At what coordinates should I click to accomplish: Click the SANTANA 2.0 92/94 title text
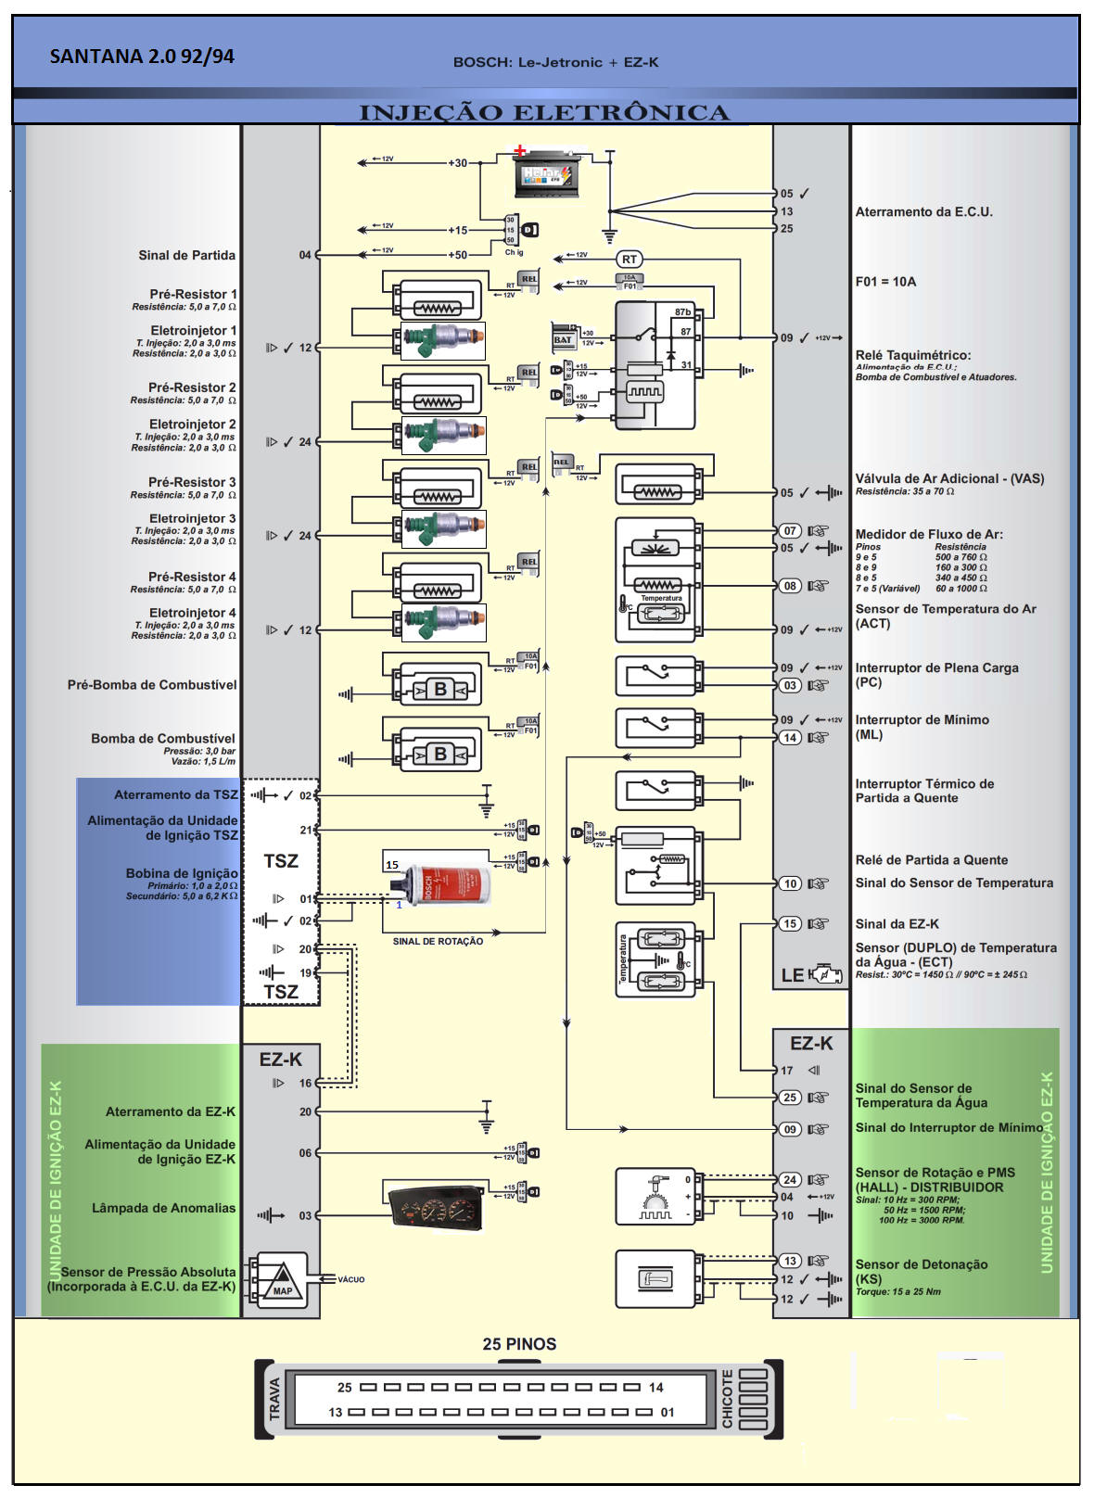tap(142, 57)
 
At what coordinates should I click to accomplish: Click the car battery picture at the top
tap(548, 174)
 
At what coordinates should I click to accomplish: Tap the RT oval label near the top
tap(630, 260)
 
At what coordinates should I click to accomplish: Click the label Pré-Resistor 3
tap(192, 482)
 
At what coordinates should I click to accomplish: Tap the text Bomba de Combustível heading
tap(163, 739)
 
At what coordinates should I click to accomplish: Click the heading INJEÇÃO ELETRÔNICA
tap(544, 113)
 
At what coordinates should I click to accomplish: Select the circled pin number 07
tap(789, 531)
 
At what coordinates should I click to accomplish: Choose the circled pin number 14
tap(789, 738)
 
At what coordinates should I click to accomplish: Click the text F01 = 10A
tap(885, 282)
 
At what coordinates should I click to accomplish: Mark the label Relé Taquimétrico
tap(913, 355)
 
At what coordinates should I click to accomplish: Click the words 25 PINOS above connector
tap(519, 1344)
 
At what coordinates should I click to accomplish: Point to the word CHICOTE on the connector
tap(728, 1399)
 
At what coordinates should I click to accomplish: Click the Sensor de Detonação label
tap(921, 1264)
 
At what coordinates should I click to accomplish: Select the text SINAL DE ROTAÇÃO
tap(438, 942)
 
